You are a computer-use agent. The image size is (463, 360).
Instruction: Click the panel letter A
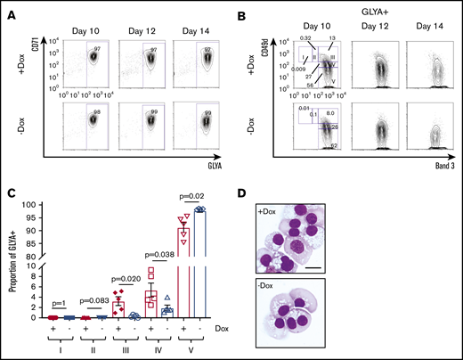[9, 9]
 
